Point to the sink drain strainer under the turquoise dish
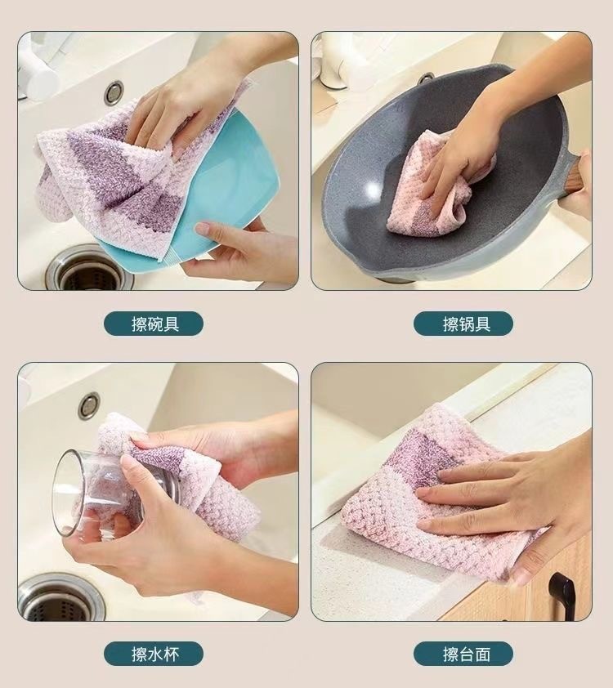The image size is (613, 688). pyautogui.click(x=90, y=270)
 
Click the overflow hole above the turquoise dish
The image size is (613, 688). pyautogui.click(x=114, y=92)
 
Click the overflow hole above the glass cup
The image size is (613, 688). pyautogui.click(x=89, y=406)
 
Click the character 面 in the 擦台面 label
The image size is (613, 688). pyautogui.click(x=482, y=654)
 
